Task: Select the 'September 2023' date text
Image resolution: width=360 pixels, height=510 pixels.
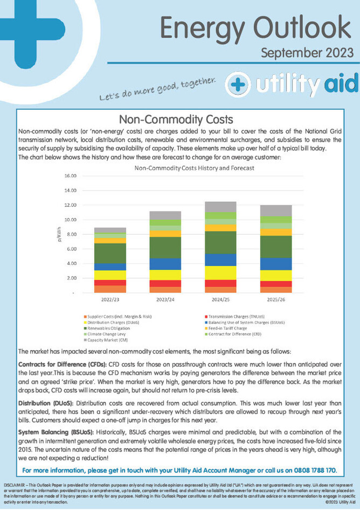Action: [307, 53]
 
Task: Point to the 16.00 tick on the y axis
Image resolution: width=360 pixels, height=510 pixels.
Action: [70, 176]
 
